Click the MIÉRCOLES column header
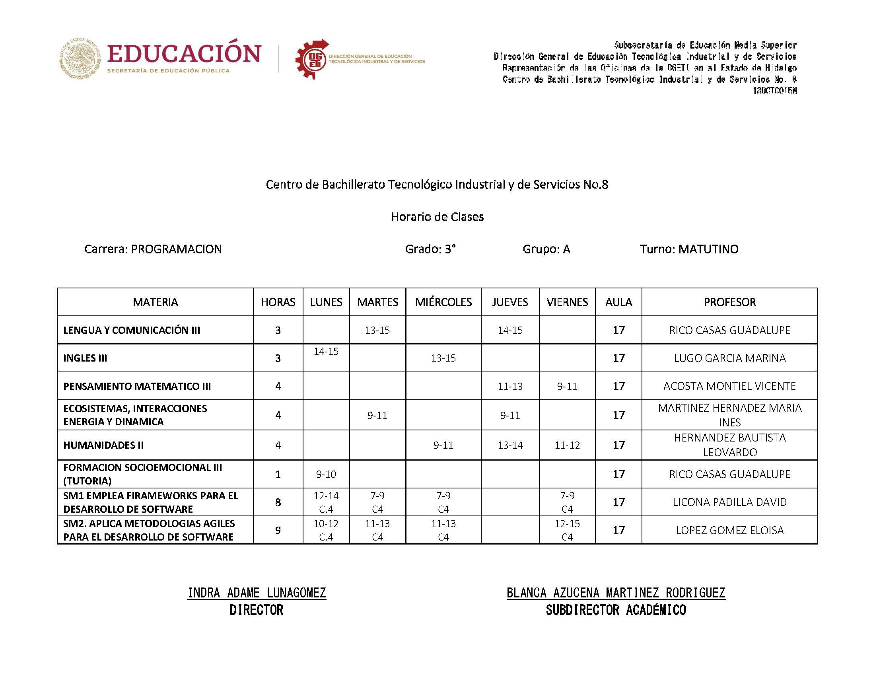click(x=443, y=302)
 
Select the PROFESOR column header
click(x=729, y=302)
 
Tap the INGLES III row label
click(x=85, y=358)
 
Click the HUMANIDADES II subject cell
click(x=103, y=445)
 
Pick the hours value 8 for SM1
click(x=278, y=502)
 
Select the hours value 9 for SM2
click(x=278, y=530)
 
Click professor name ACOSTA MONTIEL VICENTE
click(x=729, y=386)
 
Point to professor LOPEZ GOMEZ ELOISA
click(x=729, y=530)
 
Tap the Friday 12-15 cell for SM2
click(x=567, y=529)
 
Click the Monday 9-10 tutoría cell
click(x=326, y=474)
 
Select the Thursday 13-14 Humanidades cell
click(x=510, y=445)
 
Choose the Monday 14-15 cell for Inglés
click(x=326, y=351)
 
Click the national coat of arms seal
click(x=80, y=58)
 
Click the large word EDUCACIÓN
click(x=184, y=54)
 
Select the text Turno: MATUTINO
click(x=689, y=249)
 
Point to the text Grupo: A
click(x=546, y=249)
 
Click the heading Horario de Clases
click(x=437, y=217)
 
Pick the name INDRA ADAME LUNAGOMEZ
click(x=257, y=593)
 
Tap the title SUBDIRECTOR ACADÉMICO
click(x=616, y=610)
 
